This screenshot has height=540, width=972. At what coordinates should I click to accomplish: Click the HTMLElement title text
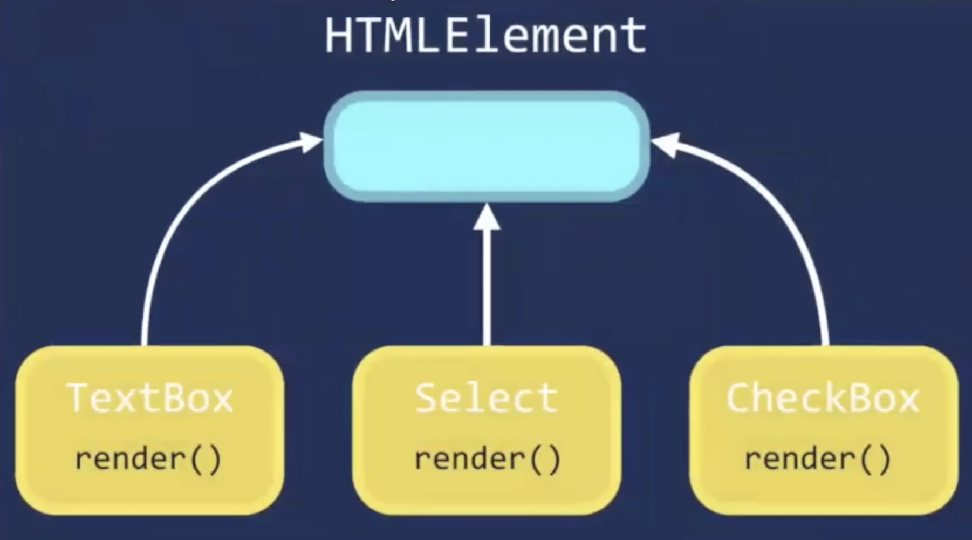485,36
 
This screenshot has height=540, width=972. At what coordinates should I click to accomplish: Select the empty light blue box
487,146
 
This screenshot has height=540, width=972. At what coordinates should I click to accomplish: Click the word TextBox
149,399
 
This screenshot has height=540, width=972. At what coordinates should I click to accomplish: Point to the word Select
487,399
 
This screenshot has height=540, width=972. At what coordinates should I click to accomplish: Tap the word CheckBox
823,399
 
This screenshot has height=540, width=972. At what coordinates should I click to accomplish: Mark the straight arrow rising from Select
487,286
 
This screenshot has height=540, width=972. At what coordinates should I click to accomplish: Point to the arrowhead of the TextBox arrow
310,142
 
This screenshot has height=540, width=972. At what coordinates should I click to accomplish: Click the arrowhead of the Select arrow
487,217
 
